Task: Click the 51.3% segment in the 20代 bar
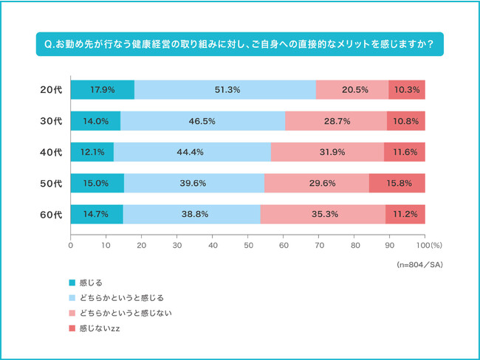click(224, 89)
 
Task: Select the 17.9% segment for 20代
click(102, 89)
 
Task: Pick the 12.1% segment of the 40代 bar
click(92, 152)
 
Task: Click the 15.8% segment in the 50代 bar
click(397, 184)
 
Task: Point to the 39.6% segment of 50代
click(194, 184)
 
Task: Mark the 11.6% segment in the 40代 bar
click(405, 152)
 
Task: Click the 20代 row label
click(50, 89)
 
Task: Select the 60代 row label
click(50, 215)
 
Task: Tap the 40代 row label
click(50, 152)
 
